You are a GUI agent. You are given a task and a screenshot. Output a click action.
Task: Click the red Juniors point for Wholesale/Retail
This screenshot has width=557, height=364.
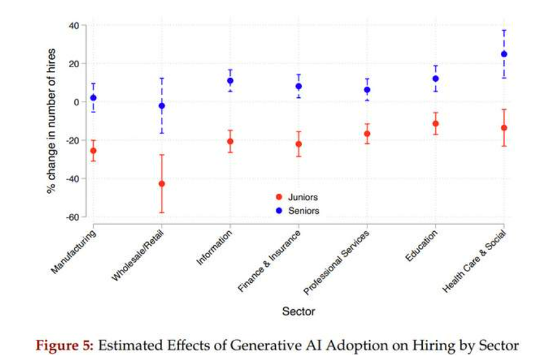pos(162,184)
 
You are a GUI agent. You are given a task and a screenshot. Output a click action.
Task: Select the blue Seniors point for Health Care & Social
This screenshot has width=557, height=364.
pos(504,54)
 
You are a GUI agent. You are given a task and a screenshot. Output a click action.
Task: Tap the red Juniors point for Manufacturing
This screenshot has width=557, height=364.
pos(94,151)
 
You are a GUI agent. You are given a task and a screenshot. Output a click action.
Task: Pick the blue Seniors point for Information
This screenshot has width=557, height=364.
pos(230,81)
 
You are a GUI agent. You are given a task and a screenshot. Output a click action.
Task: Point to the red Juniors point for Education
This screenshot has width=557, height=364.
pos(435,123)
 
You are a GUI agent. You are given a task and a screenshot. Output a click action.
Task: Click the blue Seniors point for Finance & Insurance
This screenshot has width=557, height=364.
pos(299,87)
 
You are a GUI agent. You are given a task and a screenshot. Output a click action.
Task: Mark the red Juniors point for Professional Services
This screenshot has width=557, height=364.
pos(367,134)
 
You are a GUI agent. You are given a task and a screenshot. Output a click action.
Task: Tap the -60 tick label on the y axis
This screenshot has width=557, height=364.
pos(72,217)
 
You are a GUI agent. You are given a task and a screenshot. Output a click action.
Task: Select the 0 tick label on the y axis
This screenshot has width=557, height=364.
pos(76,102)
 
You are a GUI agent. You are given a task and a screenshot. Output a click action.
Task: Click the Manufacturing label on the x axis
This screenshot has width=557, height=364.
pos(74,252)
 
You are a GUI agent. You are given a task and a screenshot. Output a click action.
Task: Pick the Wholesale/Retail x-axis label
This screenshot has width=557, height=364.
pos(138,255)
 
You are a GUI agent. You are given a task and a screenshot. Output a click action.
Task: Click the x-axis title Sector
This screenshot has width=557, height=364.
pos(298,311)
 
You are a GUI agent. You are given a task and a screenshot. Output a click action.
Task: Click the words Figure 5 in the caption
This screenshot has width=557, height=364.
pos(64,345)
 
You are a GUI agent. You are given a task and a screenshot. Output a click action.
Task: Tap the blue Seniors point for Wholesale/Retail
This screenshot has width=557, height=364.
pos(162,106)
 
